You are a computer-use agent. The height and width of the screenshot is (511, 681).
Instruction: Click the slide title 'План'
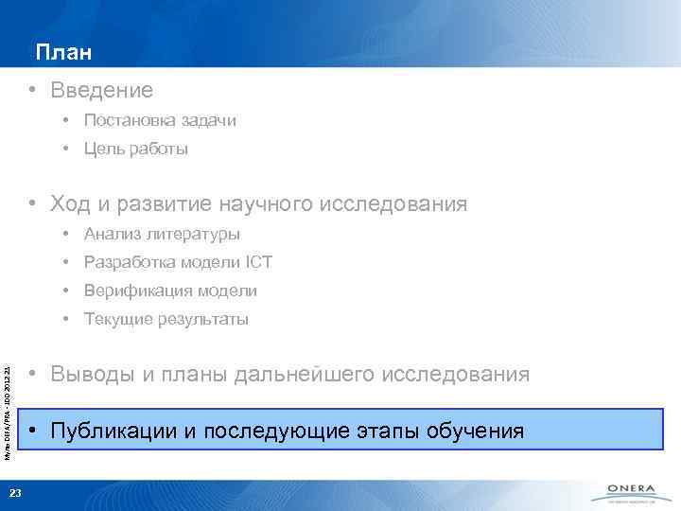[x=64, y=52]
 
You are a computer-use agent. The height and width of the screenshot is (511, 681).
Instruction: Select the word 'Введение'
[x=101, y=91]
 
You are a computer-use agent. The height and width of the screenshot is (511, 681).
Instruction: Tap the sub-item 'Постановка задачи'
[x=159, y=121]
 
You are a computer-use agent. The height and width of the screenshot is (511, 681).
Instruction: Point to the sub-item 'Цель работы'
[x=135, y=150]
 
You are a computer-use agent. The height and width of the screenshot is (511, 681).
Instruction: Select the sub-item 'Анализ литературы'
[x=161, y=234]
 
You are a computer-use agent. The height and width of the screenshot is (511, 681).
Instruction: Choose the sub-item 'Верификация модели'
[x=169, y=291]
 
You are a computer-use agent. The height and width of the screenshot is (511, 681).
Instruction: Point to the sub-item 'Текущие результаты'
[x=166, y=319]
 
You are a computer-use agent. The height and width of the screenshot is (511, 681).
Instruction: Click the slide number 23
[x=14, y=490]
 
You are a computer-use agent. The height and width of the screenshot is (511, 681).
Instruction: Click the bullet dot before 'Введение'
[x=32, y=91]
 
